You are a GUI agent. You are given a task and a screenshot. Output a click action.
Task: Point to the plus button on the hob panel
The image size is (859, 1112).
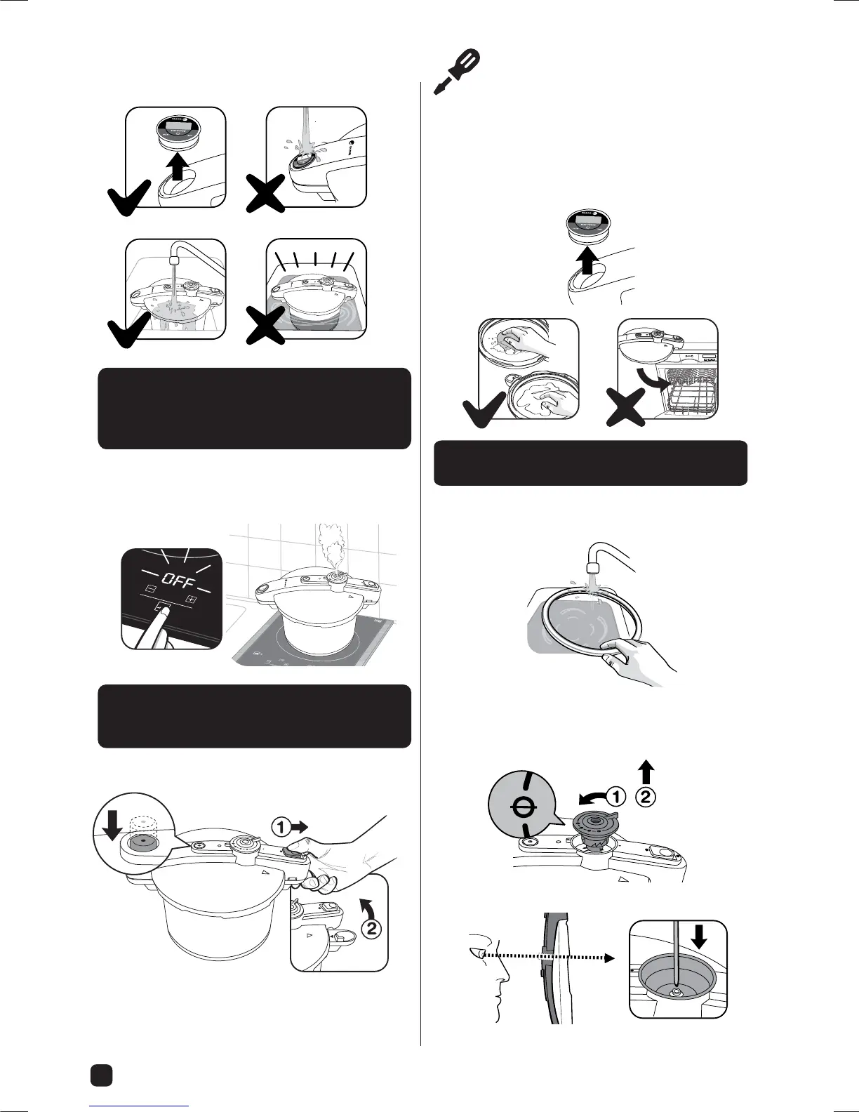(x=190, y=600)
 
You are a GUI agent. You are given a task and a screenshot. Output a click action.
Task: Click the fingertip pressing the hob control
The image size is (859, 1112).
(x=164, y=612)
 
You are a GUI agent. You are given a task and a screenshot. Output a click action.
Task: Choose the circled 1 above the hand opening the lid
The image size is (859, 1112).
(x=281, y=828)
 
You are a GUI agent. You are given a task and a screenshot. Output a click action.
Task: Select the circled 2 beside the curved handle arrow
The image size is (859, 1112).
(x=371, y=929)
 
